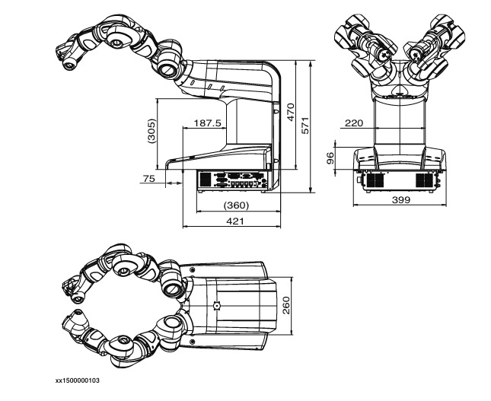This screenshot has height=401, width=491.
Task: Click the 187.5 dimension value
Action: click(x=207, y=123)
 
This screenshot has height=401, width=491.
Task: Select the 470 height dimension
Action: click(x=291, y=112)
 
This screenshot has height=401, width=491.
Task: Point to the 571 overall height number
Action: click(x=305, y=126)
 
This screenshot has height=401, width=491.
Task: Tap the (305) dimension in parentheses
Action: click(x=151, y=131)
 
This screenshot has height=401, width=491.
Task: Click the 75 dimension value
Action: click(x=149, y=178)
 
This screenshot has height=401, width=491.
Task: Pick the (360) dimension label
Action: click(x=237, y=205)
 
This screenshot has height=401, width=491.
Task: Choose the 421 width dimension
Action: click(x=235, y=221)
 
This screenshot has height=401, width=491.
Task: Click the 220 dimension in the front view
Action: click(x=354, y=123)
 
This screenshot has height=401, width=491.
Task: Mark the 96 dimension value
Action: click(x=330, y=158)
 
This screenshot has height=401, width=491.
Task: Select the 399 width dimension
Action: click(x=401, y=199)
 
